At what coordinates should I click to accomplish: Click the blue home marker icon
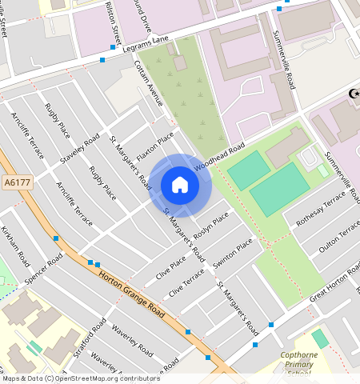pyautogui.click(x=180, y=185)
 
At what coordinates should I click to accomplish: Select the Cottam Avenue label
pyautogui.click(x=149, y=84)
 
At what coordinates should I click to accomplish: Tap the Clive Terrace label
pyautogui.click(x=186, y=283)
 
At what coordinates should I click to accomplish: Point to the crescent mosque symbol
pyautogui.click(x=352, y=94)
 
